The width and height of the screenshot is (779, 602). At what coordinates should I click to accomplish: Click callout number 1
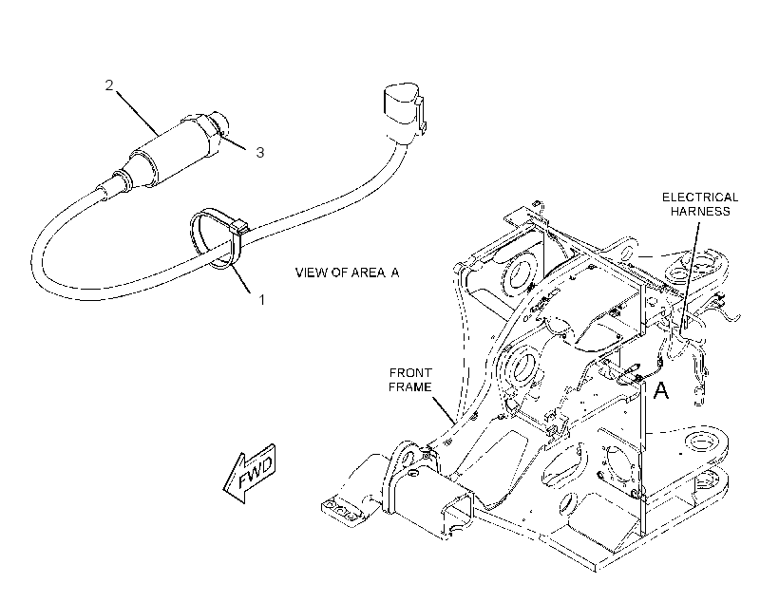(261, 300)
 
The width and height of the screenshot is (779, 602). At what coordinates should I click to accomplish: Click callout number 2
(109, 85)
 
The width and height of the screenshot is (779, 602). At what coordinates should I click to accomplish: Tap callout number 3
(260, 153)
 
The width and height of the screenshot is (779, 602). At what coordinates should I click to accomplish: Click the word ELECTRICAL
(700, 198)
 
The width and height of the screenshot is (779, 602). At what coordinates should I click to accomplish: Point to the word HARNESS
(700, 211)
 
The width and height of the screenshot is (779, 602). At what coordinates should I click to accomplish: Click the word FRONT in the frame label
(410, 372)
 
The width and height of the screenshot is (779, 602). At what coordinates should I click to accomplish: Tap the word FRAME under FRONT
(410, 386)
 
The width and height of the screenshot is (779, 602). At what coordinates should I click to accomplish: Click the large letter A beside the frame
(661, 391)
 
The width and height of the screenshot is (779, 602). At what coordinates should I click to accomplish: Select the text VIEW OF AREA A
(347, 273)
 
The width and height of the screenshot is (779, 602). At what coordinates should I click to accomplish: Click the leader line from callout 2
(138, 113)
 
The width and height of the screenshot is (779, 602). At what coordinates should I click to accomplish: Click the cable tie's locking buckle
(239, 227)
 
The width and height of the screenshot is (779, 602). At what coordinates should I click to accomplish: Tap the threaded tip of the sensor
(220, 123)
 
